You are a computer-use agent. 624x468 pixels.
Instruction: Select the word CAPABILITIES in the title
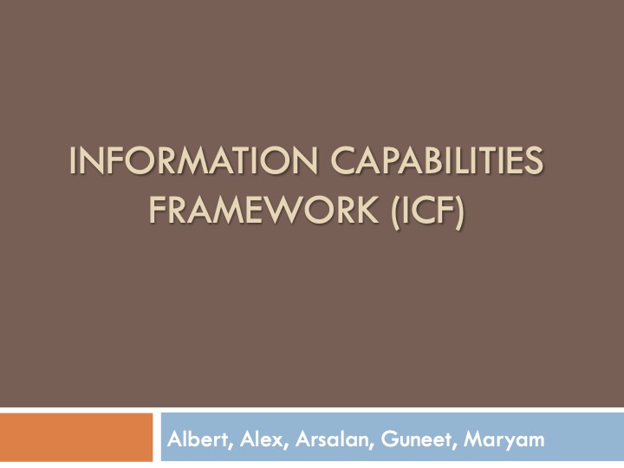click(437, 162)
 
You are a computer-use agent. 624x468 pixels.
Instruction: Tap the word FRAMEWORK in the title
click(264, 211)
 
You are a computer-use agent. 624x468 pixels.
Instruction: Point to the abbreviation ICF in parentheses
click(425, 211)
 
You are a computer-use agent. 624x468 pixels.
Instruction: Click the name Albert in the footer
click(198, 439)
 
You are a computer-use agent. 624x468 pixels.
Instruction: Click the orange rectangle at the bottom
click(76, 438)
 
